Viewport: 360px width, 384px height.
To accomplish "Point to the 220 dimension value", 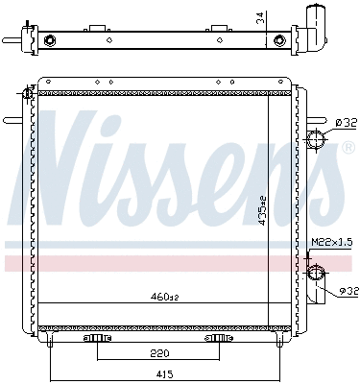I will click(x=158, y=352).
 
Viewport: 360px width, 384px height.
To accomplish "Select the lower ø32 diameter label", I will click(x=348, y=291).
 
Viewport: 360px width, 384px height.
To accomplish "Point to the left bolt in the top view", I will click(x=47, y=40).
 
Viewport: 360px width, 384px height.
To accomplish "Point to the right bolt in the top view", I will click(x=279, y=40).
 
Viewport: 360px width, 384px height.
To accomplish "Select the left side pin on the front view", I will click(x=15, y=121).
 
